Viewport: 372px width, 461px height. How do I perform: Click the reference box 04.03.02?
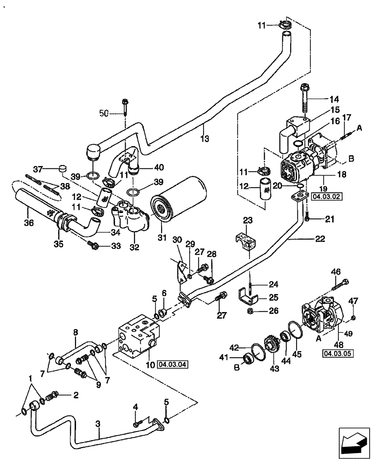coord(325,195)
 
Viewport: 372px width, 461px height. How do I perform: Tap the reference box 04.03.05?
coord(334,354)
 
